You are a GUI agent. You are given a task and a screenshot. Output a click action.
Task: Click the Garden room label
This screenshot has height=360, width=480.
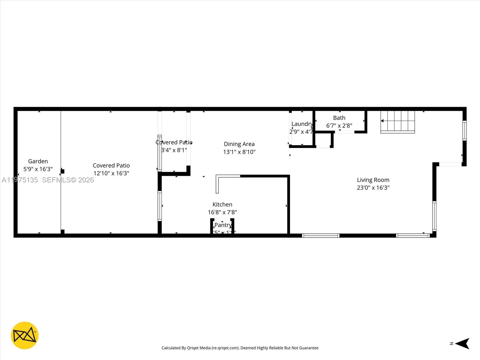(x=38, y=161)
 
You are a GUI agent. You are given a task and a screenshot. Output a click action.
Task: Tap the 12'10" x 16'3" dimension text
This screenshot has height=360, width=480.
(x=111, y=173)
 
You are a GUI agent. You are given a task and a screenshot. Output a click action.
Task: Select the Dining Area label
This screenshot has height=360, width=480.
(x=239, y=144)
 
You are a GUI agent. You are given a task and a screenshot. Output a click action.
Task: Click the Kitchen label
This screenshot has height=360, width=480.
(x=222, y=205)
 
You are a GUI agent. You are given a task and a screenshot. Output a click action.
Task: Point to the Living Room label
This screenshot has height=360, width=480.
(x=373, y=180)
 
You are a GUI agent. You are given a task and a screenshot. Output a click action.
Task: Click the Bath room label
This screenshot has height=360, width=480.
(x=339, y=118)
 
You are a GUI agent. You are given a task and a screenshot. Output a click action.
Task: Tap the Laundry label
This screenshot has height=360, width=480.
(x=302, y=124)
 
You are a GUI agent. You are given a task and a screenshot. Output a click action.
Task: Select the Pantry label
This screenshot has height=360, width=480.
(x=223, y=225)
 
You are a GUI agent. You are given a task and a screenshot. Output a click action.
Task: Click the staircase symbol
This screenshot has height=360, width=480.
(x=398, y=121)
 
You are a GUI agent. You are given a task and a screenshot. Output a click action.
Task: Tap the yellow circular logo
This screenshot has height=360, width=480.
(x=25, y=335)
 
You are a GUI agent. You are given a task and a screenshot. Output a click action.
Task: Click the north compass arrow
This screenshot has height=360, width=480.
(x=462, y=343)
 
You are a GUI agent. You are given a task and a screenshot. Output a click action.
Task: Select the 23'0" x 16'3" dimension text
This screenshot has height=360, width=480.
(x=373, y=188)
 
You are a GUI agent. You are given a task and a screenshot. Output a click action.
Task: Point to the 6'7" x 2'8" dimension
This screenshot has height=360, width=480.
(x=339, y=126)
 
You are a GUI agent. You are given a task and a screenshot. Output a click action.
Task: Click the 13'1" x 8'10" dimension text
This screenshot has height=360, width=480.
(x=239, y=152)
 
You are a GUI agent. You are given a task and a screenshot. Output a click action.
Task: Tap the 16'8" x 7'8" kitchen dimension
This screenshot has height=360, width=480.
(x=222, y=212)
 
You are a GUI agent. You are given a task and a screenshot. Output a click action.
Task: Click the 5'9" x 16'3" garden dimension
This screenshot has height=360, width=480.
(x=38, y=169)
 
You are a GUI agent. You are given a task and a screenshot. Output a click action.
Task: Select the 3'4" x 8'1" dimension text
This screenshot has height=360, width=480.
(x=174, y=150)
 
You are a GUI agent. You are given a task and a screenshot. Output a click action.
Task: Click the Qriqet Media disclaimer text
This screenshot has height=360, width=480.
(x=240, y=348)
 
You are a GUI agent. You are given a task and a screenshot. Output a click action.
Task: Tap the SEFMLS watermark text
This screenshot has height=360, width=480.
(x=68, y=180)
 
